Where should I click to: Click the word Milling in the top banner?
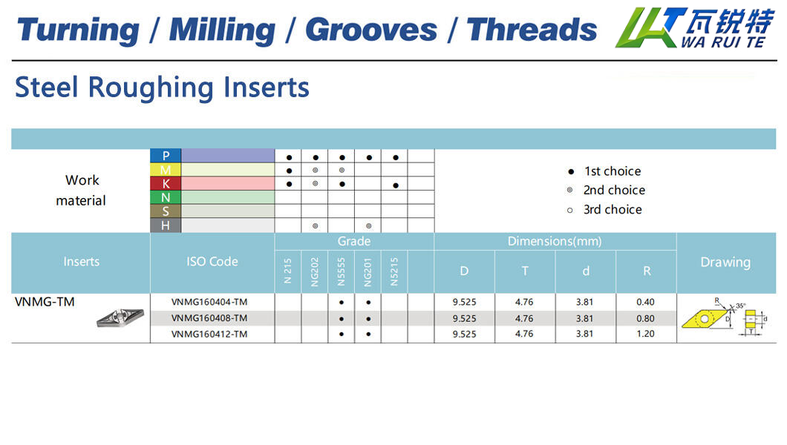222,30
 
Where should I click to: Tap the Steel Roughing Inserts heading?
162,88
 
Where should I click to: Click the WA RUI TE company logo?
696,27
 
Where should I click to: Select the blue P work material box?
166,156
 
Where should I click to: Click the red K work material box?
166,183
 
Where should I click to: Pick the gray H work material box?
166,225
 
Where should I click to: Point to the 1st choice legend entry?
604,171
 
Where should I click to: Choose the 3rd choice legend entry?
604,209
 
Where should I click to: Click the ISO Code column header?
212,262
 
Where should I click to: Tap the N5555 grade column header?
342,271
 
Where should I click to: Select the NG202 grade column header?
315,271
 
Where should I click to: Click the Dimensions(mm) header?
555,242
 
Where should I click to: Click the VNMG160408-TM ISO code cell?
209,318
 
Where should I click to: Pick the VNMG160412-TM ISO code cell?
209,334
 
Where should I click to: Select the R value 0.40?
645,302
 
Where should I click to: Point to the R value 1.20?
645,334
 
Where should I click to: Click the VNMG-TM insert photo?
120,317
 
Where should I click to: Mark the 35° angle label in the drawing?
741,306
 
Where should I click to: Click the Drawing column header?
726,262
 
